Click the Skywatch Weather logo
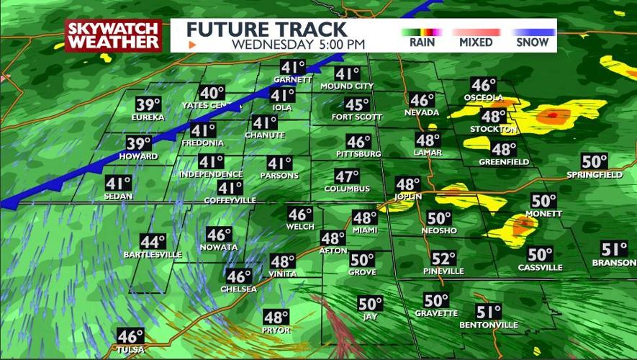(113, 35)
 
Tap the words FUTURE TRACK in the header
(267, 30)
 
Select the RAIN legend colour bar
(421, 32)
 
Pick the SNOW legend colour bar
(533, 32)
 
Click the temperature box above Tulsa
(131, 336)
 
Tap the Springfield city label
(595, 175)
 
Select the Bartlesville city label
(153, 255)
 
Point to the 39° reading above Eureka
(150, 104)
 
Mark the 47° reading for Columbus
(347, 176)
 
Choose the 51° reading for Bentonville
(489, 312)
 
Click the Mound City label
(347, 86)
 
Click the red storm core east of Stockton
(552, 114)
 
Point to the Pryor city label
(276, 330)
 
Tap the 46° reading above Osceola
(484, 85)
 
